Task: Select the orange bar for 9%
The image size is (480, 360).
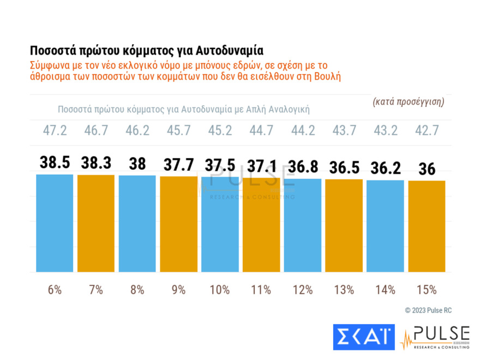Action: click(178, 224)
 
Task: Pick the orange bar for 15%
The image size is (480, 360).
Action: click(427, 226)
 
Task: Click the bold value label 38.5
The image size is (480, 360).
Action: click(55, 163)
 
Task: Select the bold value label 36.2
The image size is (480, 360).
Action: click(385, 168)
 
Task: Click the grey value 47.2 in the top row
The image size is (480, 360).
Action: click(55, 132)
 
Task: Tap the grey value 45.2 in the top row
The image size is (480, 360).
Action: click(220, 132)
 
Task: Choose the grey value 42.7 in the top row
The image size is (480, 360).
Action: click(427, 132)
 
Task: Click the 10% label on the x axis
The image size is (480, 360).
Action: click(220, 290)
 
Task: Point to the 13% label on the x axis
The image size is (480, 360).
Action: click(344, 290)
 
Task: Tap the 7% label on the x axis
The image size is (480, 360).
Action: click(95, 290)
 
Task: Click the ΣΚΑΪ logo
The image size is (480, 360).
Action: click(363, 337)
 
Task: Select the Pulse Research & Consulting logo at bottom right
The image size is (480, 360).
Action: click(435, 337)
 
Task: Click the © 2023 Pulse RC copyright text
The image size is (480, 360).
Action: click(428, 310)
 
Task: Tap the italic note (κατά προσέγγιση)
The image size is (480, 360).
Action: click(409, 101)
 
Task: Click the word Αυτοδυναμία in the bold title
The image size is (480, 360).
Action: click(229, 51)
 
